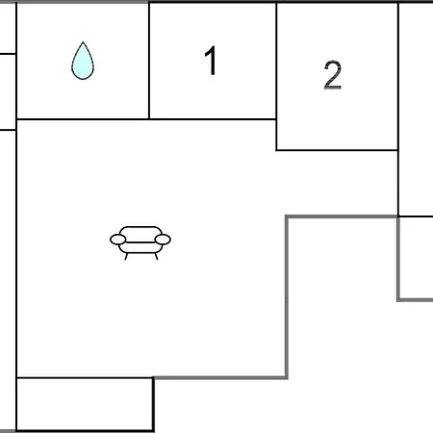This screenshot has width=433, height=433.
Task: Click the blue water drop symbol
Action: click(83, 61)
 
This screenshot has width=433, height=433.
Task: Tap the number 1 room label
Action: click(211, 61)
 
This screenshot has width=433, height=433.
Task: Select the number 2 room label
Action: click(333, 75)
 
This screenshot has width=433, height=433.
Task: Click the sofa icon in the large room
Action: click(140, 242)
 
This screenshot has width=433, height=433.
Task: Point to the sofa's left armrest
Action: click(117, 240)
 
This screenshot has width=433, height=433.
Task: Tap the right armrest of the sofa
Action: click(163, 240)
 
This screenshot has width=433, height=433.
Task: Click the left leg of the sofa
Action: click(126, 256)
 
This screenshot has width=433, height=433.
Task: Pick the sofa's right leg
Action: click(156, 256)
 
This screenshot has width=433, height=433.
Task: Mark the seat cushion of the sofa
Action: click(140, 247)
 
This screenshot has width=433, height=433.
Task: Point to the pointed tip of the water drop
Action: click(83, 41)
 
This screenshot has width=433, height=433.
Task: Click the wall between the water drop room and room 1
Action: click(149, 61)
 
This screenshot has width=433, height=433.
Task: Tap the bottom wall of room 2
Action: click(337, 150)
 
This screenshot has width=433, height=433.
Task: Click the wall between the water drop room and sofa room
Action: click(83, 119)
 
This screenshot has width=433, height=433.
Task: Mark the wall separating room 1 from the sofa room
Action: click(213, 119)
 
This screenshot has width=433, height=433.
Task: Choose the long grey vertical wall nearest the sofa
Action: click(287, 297)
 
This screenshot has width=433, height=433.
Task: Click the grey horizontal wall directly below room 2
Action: click(342, 217)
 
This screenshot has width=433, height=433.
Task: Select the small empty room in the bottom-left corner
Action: click(85, 404)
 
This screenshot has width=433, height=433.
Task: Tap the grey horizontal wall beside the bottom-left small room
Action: click(220, 378)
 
